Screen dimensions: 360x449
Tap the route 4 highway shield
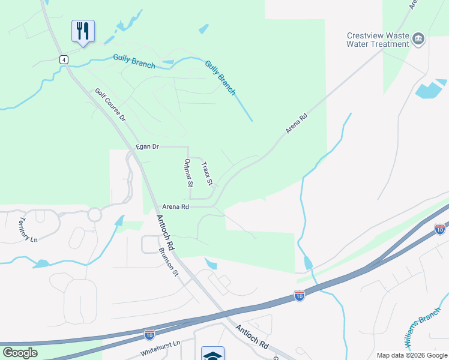tap(63, 59)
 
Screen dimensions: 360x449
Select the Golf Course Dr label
tap(110, 106)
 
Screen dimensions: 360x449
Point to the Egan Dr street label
tap(147, 146)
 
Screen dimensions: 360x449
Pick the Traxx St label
tap(207, 173)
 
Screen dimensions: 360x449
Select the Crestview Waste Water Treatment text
tap(378, 40)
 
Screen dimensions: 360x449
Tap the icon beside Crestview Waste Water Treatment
tap(419, 40)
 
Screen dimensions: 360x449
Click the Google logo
tap(20, 353)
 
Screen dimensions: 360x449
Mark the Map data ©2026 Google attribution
tap(412, 355)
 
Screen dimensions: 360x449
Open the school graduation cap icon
tap(212, 355)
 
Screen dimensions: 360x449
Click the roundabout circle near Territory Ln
tap(94, 214)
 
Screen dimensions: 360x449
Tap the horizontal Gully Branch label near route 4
tap(134, 61)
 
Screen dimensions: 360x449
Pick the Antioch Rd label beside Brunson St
tap(166, 233)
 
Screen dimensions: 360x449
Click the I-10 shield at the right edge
tap(439, 229)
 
